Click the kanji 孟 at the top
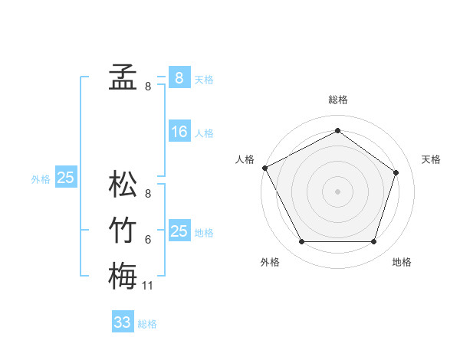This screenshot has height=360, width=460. [x=123, y=77]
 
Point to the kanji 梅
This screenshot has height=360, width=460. [x=123, y=276]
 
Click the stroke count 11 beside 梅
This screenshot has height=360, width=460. [x=148, y=286]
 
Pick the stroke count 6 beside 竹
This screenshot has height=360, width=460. [x=148, y=240]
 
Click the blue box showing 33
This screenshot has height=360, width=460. [x=123, y=322]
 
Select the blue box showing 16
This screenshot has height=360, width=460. [x=179, y=132]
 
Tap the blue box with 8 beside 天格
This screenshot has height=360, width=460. [x=179, y=77]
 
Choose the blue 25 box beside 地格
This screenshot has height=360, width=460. [x=179, y=231]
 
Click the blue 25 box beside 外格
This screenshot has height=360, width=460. [x=66, y=178]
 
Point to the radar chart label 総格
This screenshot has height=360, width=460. [x=338, y=100]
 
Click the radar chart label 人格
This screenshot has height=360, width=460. [x=245, y=159]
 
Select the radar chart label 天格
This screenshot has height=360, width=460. [x=431, y=159]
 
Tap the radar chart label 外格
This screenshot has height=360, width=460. [x=270, y=262]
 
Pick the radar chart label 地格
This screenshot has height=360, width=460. [x=402, y=262]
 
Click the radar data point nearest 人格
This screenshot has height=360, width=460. [x=264, y=167]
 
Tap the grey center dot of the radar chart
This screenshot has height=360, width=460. [x=337, y=191]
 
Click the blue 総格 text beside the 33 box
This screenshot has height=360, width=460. [x=148, y=324]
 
